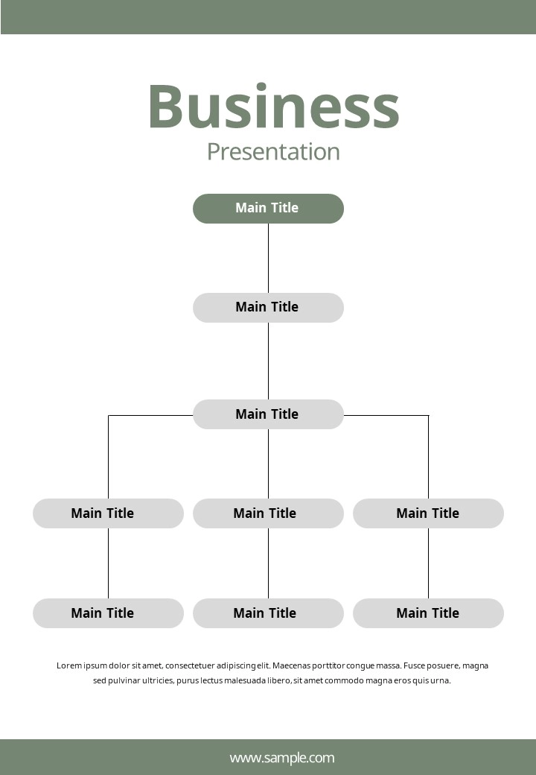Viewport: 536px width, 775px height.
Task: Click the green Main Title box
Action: (268, 209)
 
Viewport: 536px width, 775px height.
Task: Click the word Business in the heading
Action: (273, 107)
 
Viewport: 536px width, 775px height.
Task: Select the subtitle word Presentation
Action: (273, 152)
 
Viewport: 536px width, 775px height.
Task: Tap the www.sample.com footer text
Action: (282, 758)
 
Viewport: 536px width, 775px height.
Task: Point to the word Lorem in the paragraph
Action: (69, 665)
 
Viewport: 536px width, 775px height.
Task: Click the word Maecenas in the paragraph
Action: (291, 665)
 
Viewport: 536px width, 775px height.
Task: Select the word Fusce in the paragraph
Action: (414, 665)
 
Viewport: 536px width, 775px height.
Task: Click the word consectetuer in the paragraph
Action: (190, 665)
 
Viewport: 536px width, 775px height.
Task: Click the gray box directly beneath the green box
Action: (268, 308)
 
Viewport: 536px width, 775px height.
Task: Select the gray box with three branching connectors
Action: (268, 414)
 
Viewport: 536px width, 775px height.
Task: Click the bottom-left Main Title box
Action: (108, 613)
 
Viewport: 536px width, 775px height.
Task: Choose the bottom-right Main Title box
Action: (428, 613)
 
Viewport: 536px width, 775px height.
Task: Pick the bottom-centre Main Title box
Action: (268, 613)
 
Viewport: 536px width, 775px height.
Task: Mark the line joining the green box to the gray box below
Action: (268, 258)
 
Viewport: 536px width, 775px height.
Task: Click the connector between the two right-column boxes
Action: (428, 563)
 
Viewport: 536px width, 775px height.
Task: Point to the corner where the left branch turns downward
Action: (109, 415)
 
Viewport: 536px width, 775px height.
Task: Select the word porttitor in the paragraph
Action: (328, 665)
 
